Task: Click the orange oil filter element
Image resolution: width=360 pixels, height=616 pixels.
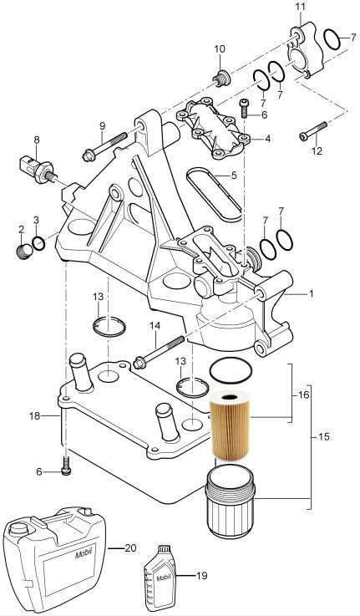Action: pos(230,425)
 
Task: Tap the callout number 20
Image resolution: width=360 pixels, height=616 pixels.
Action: pos(130,547)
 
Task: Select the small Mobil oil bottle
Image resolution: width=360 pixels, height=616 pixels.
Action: pos(160,577)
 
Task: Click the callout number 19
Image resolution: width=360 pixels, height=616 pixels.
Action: pos(201,576)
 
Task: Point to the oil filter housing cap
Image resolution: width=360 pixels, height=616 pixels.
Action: pos(230,501)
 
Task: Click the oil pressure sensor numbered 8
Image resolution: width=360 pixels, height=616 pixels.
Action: pos(36,170)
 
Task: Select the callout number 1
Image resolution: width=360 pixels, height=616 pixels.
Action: pos(311,293)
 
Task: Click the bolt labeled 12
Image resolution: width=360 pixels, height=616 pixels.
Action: pos(313,131)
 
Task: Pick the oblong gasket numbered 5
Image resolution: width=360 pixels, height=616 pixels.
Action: pos(214,194)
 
